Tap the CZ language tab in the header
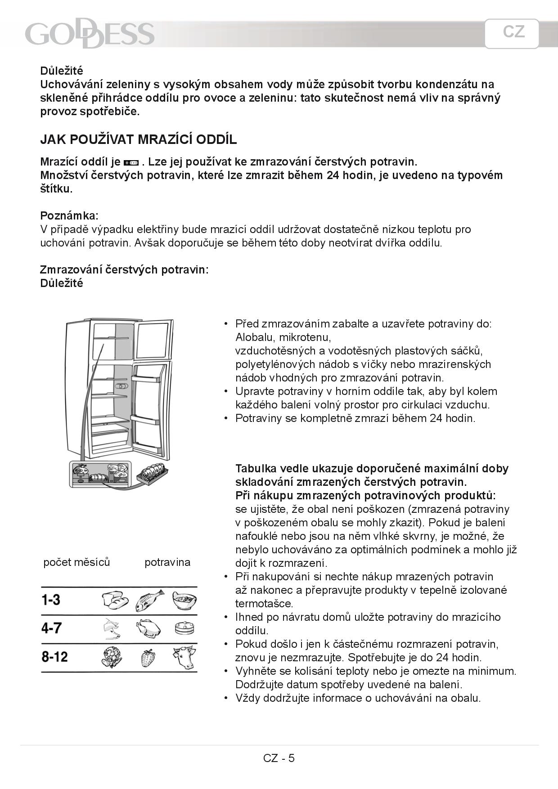pos(513,32)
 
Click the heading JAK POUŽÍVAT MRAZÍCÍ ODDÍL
pos(138,139)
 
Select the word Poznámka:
pos(69,215)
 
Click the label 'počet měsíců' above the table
pos(76,562)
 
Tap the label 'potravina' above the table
pos(167,562)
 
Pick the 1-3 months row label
pos(51,600)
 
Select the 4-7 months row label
pos(51,628)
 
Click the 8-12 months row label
pos(54,657)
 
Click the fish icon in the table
pos(148,601)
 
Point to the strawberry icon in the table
pos(148,658)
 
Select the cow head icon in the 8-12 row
pos(184,657)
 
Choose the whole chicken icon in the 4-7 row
pos(148,628)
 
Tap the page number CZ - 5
pos(279,758)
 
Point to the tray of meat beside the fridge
pos(153,474)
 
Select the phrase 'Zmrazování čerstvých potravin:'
pos(124,270)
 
